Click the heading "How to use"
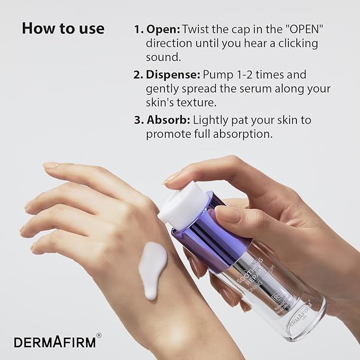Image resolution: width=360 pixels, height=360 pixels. pyautogui.click(x=63, y=28)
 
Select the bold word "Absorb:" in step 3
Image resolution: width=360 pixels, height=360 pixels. pyautogui.click(x=169, y=120)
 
